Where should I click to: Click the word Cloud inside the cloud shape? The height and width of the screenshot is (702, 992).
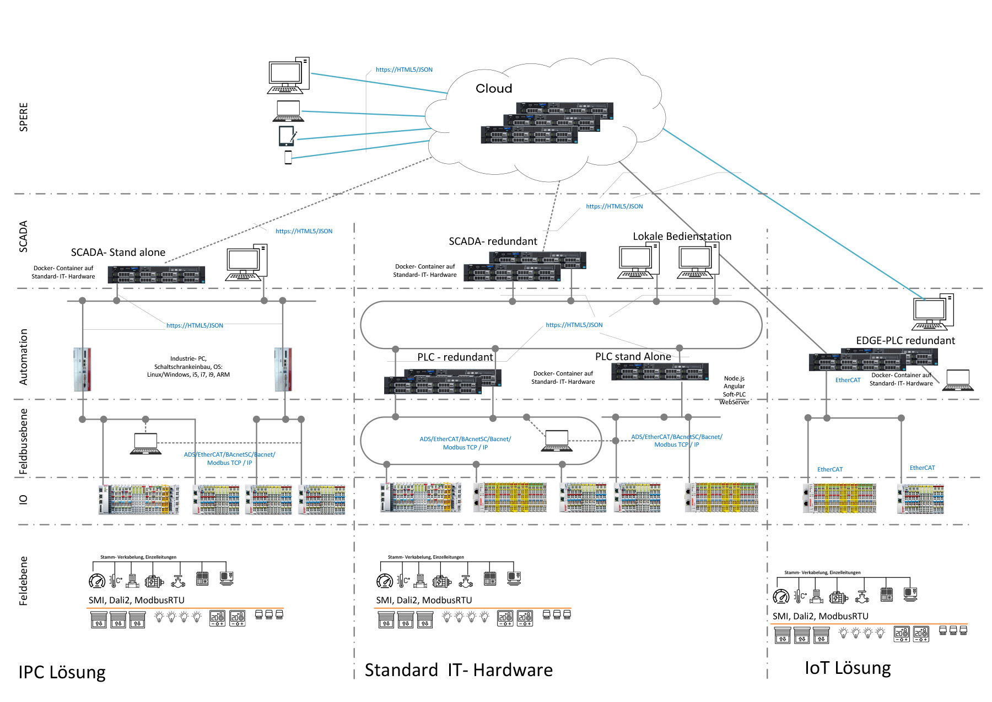pyautogui.click(x=494, y=88)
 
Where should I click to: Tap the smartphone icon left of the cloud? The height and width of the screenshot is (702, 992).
pyautogui.click(x=288, y=157)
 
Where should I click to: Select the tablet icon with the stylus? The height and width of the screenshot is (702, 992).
pyautogui.click(x=287, y=136)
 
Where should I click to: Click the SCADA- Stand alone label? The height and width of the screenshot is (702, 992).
pyautogui.click(x=118, y=252)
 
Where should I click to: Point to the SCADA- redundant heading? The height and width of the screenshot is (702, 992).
pyautogui.click(x=493, y=241)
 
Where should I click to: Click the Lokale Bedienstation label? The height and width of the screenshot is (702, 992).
pyautogui.click(x=682, y=236)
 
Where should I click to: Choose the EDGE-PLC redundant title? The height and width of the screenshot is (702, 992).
pyautogui.click(x=905, y=340)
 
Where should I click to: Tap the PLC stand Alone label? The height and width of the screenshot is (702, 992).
pyautogui.click(x=633, y=356)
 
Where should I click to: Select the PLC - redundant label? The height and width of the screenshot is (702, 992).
pyautogui.click(x=455, y=357)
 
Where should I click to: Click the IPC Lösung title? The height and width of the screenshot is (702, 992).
pyautogui.click(x=62, y=672)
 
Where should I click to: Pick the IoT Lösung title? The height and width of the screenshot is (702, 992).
pyautogui.click(x=847, y=667)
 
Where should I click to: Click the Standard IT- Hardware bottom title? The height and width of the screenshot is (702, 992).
pyautogui.click(x=458, y=669)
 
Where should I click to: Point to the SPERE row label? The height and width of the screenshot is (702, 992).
pyautogui.click(x=23, y=116)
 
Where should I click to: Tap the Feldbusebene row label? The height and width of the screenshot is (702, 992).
pyautogui.click(x=23, y=441)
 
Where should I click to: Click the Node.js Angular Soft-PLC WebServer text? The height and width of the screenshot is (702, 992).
pyautogui.click(x=734, y=390)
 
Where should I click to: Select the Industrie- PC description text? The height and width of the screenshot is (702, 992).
pyautogui.click(x=188, y=366)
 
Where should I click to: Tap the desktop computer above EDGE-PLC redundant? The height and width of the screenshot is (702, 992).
pyautogui.click(x=932, y=312)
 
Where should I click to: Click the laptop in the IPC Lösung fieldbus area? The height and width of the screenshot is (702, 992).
pyautogui.click(x=145, y=444)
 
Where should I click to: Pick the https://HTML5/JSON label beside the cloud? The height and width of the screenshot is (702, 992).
pyautogui.click(x=404, y=69)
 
